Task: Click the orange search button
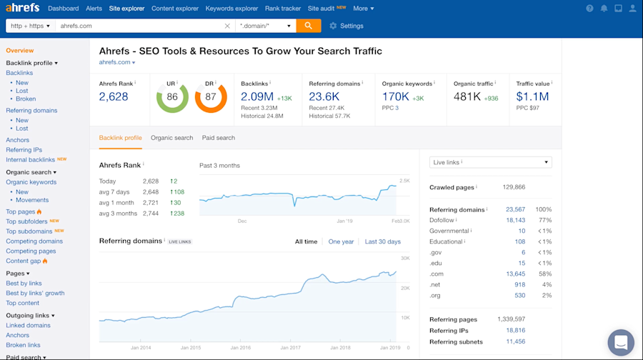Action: tap(309, 26)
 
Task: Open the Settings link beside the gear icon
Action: tap(351, 26)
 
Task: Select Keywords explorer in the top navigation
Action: tap(231, 9)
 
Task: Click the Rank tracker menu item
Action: tap(283, 9)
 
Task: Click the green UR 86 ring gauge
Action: tap(172, 97)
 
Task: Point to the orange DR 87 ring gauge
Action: tap(211, 97)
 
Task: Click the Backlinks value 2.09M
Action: tap(257, 96)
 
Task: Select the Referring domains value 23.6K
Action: tap(324, 96)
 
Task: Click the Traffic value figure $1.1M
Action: tap(532, 96)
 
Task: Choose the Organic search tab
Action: tap(171, 138)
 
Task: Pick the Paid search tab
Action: tap(218, 138)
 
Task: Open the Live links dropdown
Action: tap(490, 163)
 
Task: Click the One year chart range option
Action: tap(341, 241)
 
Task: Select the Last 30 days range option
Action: tap(382, 241)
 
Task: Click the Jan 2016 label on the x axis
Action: tap(240, 348)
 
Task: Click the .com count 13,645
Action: tap(515, 274)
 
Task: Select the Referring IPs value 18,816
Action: tap(515, 331)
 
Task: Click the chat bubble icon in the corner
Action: tap(620, 342)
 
